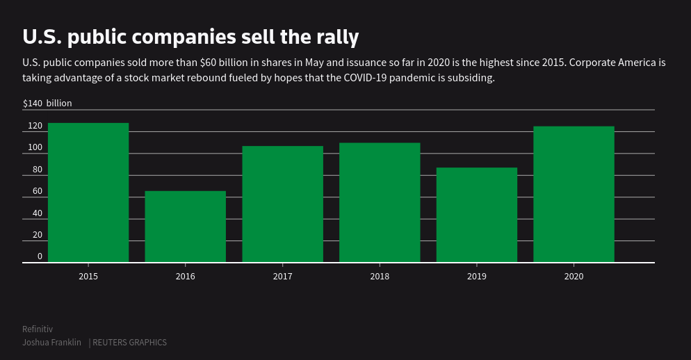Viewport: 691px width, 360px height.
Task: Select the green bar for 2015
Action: pos(88,193)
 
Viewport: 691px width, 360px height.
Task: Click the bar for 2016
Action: pos(186,227)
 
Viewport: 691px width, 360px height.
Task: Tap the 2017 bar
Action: pos(282,204)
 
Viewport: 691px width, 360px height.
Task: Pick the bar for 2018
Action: pos(380,202)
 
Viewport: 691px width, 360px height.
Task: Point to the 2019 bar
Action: pos(477,215)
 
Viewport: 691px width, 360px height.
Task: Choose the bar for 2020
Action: pos(574,194)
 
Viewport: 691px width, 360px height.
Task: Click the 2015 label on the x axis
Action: pos(88,277)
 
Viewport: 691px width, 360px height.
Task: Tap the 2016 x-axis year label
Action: pos(186,277)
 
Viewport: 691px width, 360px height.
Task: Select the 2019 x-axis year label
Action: pos(477,277)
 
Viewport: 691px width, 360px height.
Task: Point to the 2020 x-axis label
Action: pos(574,277)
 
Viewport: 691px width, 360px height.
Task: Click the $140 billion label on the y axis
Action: pos(47,104)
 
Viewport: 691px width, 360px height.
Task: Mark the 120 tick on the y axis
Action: pos(35,126)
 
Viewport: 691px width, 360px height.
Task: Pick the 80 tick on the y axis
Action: pos(37,170)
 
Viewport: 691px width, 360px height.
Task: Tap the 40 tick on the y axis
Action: pos(37,213)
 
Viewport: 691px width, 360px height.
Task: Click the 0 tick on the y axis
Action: pos(40,256)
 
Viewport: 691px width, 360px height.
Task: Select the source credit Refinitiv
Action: pos(38,329)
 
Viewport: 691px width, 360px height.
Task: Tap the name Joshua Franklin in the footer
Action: pos(51,343)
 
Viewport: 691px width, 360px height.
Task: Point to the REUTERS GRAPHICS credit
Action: pos(130,343)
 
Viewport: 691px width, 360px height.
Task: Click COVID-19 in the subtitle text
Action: pos(365,77)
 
